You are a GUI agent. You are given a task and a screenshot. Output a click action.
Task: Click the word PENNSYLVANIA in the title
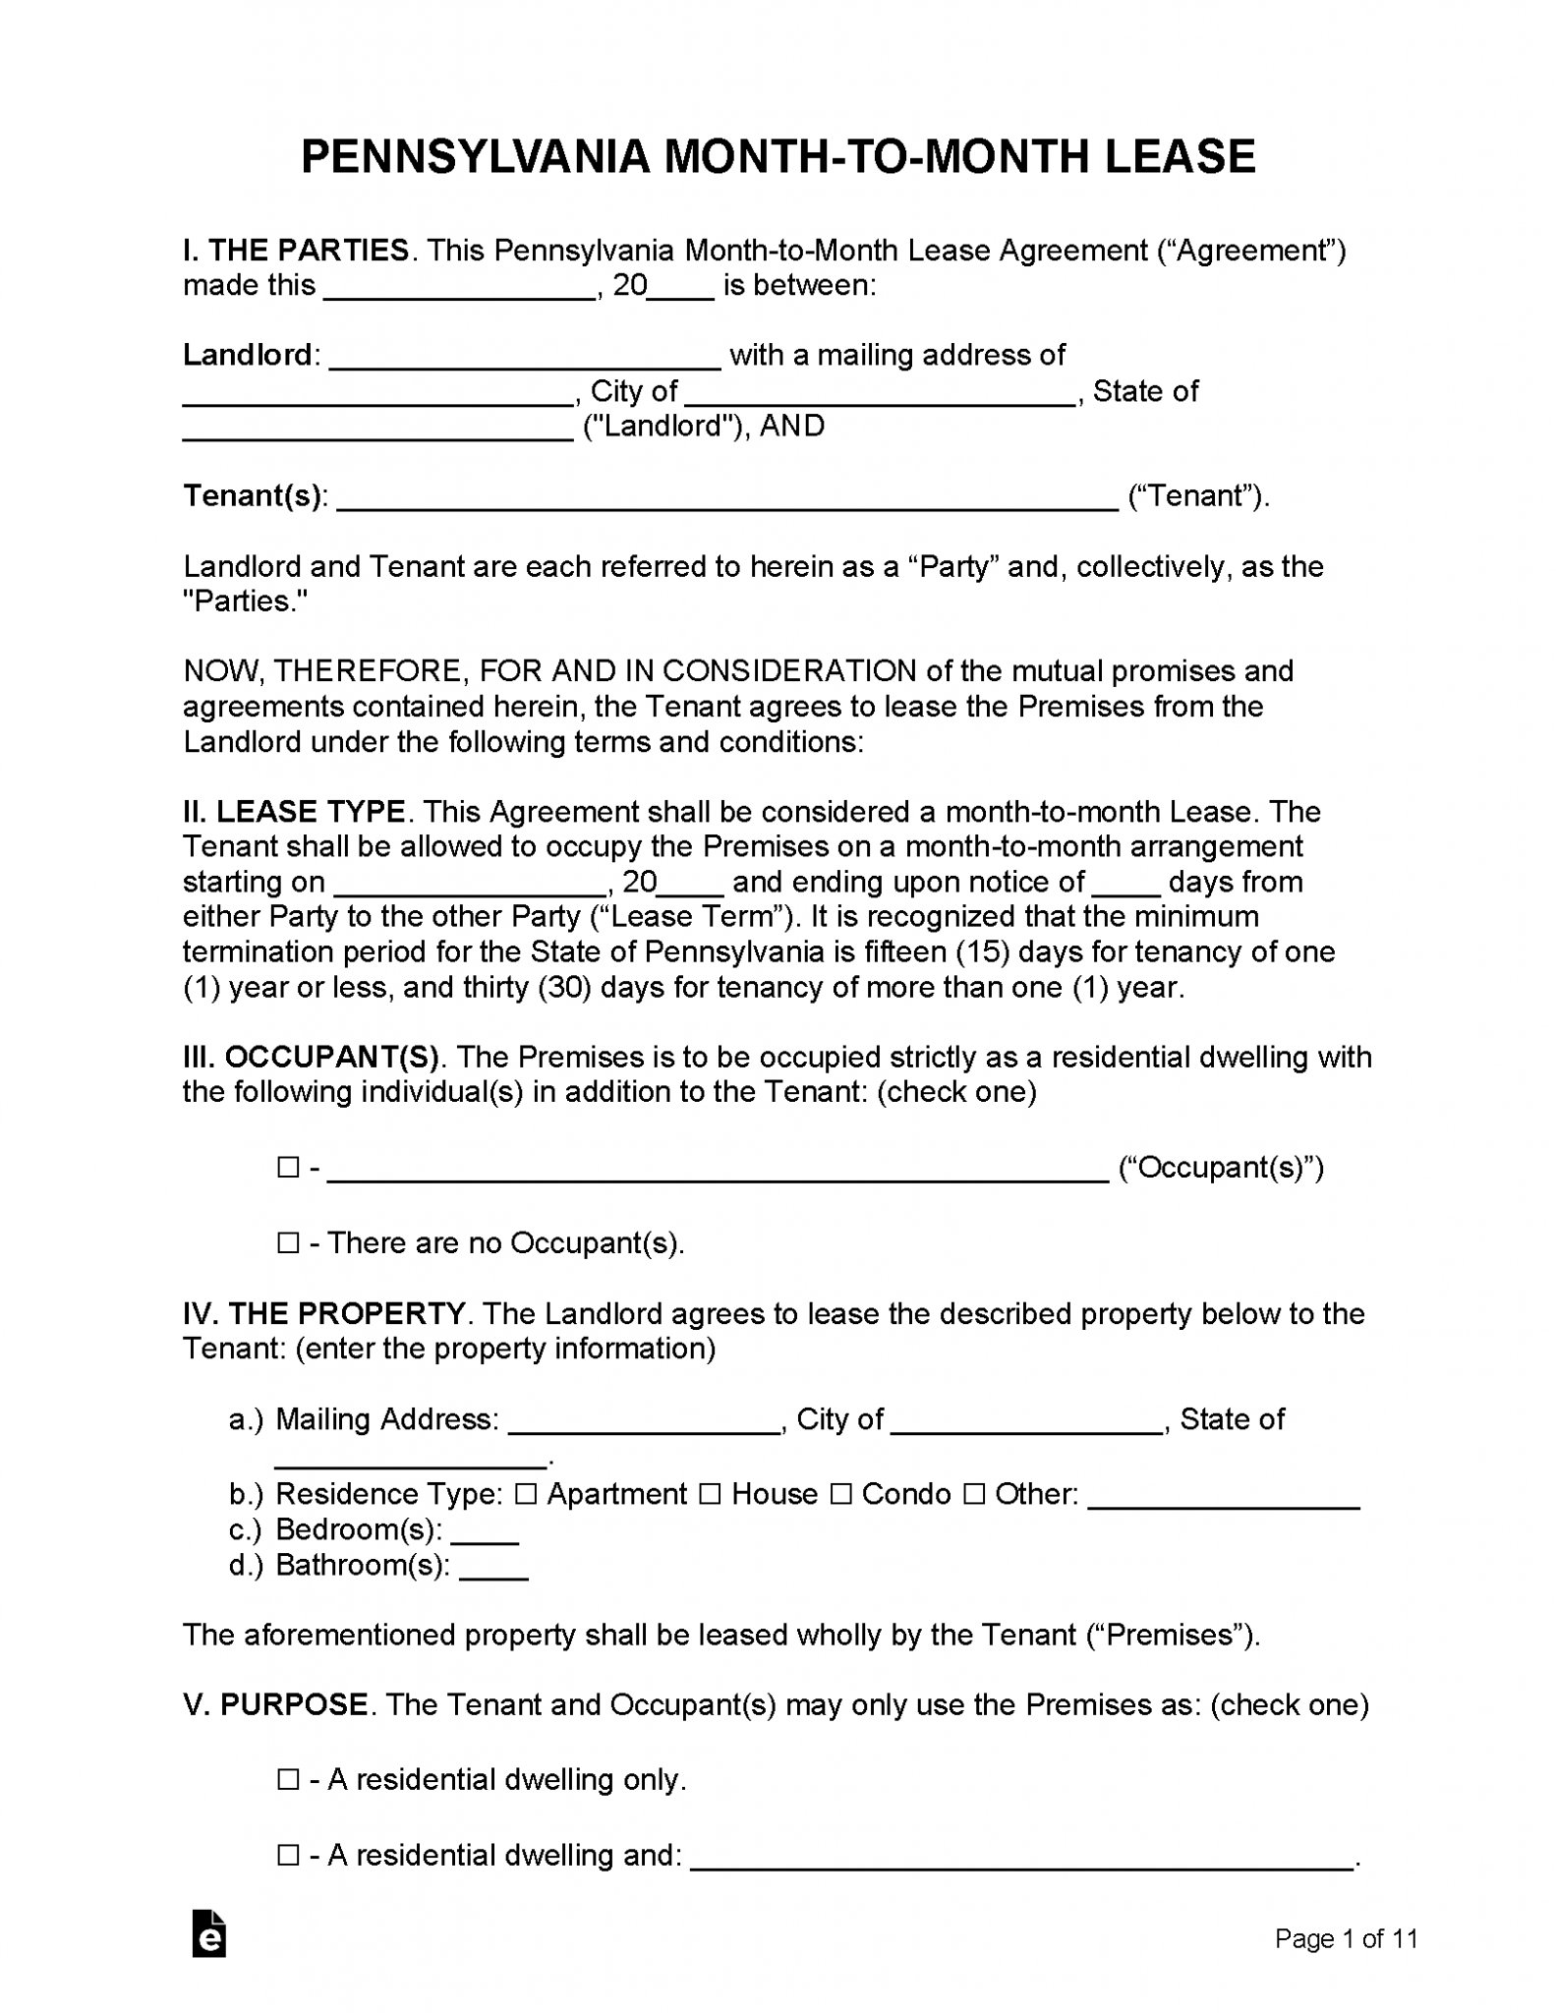click(475, 157)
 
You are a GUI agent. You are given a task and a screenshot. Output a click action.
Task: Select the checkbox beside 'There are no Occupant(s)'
click(288, 1243)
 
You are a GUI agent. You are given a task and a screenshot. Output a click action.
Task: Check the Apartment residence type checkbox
click(526, 1494)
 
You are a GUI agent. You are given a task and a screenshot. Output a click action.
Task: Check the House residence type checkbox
click(710, 1494)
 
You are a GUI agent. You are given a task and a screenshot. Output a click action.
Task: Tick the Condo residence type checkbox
click(840, 1494)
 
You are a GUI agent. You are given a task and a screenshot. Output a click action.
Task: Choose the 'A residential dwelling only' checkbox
click(288, 1780)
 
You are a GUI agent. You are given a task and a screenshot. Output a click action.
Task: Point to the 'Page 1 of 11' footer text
click(1346, 1938)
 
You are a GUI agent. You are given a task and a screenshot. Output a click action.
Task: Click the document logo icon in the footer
click(209, 1933)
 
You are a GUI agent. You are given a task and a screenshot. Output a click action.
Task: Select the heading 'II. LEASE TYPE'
click(294, 812)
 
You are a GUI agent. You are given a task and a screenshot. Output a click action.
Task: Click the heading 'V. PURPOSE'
click(275, 1704)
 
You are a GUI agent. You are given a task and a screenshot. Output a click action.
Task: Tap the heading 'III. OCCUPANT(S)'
click(312, 1058)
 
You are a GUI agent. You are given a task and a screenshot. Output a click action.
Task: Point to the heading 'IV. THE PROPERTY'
click(323, 1314)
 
